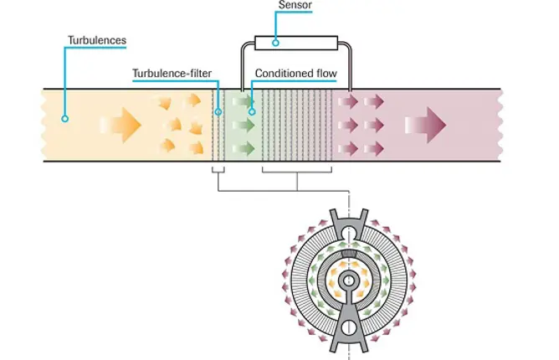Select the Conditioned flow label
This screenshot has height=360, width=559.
pyautogui.click(x=295, y=74)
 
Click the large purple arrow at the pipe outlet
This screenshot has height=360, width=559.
pyautogui.click(x=426, y=125)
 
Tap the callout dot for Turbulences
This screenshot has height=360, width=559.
pyautogui.click(x=64, y=119)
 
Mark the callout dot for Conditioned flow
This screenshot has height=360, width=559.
pyautogui.click(x=252, y=111)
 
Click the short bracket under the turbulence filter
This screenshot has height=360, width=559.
pyautogui.click(x=218, y=172)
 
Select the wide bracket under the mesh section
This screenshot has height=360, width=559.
pyautogui.click(x=298, y=173)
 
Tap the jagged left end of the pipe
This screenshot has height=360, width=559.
pyautogui.click(x=44, y=125)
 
